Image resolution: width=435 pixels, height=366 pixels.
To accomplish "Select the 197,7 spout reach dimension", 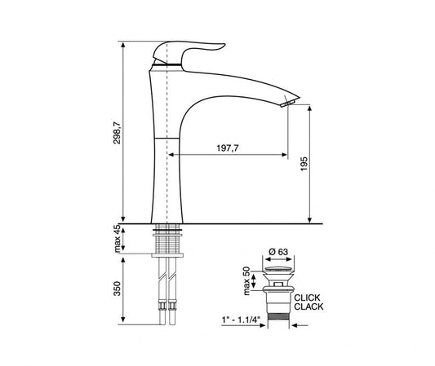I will coord(229,148).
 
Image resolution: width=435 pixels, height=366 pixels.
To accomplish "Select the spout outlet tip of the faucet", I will coord(287,101).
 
